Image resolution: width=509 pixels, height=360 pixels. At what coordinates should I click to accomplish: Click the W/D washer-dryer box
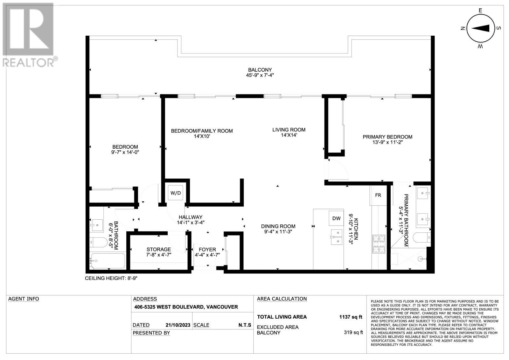tap(175, 193)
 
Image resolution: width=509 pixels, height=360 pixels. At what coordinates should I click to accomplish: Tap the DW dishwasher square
tap(336, 218)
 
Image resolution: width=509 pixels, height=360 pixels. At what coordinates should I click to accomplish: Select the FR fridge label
tap(378, 195)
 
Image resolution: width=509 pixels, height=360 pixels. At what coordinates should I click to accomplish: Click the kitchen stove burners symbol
tap(379, 244)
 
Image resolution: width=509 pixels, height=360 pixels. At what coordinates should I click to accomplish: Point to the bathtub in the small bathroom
tap(108, 261)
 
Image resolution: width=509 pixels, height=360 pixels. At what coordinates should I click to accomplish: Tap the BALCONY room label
tap(260, 70)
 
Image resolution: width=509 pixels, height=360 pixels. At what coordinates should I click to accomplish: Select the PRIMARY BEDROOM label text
tap(387, 137)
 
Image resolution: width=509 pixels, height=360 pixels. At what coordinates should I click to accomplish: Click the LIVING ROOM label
tap(289, 130)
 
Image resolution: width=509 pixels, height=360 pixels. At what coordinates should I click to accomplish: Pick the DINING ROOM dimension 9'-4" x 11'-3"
tap(278, 232)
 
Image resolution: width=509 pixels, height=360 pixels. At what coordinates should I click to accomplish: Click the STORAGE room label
tap(158, 249)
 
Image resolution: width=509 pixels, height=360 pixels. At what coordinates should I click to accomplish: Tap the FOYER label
tap(207, 250)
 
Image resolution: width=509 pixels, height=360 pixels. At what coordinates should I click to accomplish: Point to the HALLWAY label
tap(191, 217)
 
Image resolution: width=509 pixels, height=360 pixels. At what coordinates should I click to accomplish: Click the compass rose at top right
tap(480, 29)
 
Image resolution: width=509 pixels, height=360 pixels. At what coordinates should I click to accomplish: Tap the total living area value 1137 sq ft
tap(351, 317)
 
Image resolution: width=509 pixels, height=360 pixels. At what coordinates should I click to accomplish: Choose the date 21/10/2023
tap(178, 325)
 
